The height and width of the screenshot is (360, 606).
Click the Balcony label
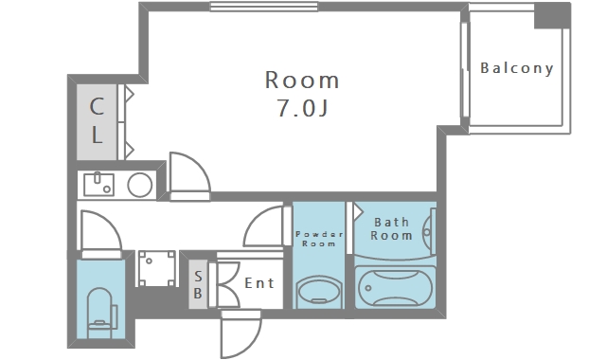[x=517, y=68]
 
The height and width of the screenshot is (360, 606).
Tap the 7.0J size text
[x=303, y=108]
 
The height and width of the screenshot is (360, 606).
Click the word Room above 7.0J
[x=302, y=80]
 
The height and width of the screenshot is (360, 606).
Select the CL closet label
[x=97, y=120]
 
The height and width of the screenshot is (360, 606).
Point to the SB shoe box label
[x=198, y=284]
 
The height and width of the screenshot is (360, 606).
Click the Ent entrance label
[x=259, y=283]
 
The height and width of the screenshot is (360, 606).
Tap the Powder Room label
[x=318, y=239]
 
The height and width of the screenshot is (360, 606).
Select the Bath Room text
[x=391, y=228]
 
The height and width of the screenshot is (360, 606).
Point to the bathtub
[x=395, y=287]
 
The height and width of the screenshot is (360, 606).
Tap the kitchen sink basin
[x=98, y=185]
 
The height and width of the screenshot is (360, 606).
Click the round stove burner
[x=140, y=185]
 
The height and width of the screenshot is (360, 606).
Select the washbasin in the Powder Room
[x=319, y=292]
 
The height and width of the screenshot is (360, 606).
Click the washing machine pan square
[x=156, y=268]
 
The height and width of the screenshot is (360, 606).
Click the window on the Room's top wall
[x=263, y=7]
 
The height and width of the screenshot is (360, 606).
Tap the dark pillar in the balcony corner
[x=552, y=15]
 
